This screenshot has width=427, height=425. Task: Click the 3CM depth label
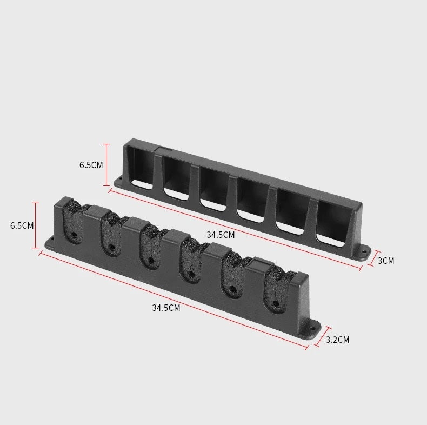point(385,261)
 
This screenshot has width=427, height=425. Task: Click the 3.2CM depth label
point(337,340)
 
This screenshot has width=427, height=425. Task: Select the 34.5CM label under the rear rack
point(221,235)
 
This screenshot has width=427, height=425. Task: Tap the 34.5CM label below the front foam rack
point(166,308)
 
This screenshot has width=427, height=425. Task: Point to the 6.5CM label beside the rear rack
point(91,165)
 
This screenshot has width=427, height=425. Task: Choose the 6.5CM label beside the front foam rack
point(22,225)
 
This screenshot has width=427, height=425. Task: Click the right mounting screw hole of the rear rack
point(363,251)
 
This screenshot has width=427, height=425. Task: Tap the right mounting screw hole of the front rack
point(312,327)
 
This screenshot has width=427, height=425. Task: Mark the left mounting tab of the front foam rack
point(50,242)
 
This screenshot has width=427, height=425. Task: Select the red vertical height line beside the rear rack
point(106,164)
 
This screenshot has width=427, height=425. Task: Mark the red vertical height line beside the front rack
point(37,225)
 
